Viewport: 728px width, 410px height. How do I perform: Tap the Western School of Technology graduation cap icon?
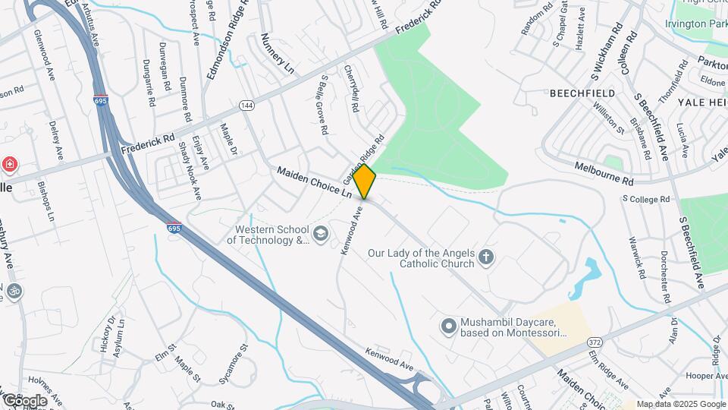pos(321,233)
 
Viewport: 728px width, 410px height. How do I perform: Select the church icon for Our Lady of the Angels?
pos(486,259)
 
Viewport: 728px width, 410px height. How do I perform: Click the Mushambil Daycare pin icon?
pos(449,326)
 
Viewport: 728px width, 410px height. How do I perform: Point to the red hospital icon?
pos(9,164)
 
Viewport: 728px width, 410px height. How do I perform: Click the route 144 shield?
pos(246,105)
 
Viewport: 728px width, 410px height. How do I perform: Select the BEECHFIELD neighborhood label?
pos(582,93)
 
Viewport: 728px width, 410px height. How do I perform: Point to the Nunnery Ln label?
pos(277,53)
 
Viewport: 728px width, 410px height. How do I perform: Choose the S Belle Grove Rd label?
pos(323,105)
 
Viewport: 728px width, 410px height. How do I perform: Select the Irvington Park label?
pos(696,24)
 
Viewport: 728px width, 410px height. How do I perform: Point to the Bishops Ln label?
pos(45,200)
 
